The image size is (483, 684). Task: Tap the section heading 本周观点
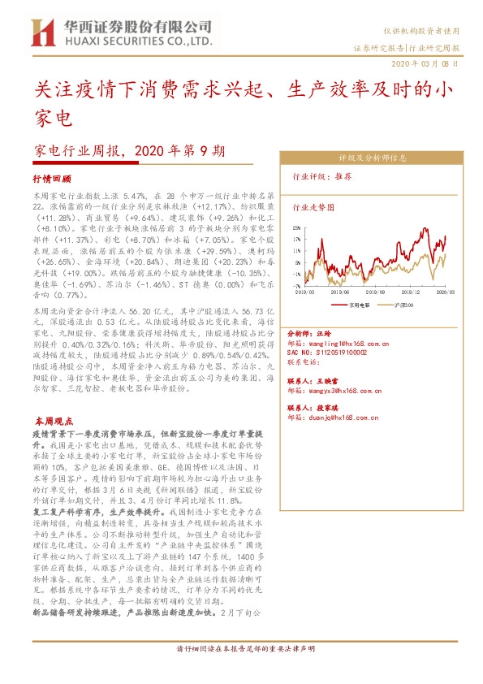coord(54,422)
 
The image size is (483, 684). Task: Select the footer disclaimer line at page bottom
coord(245,671)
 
